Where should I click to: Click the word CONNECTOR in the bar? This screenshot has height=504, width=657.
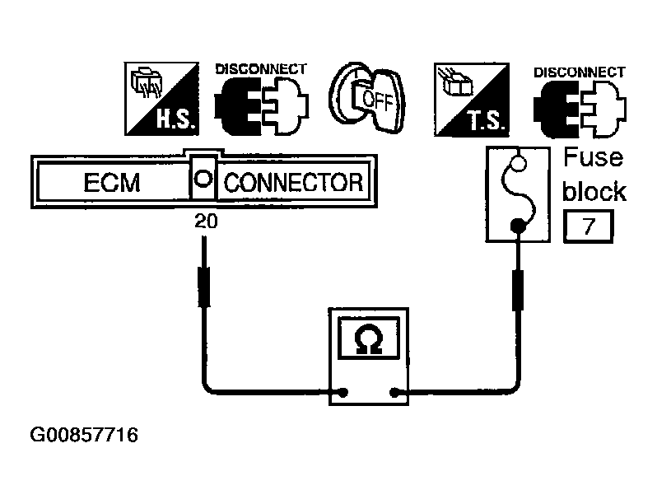tap(293, 182)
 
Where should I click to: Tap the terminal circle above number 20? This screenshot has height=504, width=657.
tap(203, 178)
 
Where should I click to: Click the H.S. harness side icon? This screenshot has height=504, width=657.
tap(158, 99)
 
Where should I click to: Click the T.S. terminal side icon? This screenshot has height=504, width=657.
tap(470, 99)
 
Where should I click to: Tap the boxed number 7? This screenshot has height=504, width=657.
tap(588, 226)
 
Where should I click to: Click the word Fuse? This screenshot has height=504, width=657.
tap(593, 158)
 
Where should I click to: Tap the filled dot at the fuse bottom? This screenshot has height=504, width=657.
tap(518, 225)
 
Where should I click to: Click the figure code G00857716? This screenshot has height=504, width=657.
tap(83, 434)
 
